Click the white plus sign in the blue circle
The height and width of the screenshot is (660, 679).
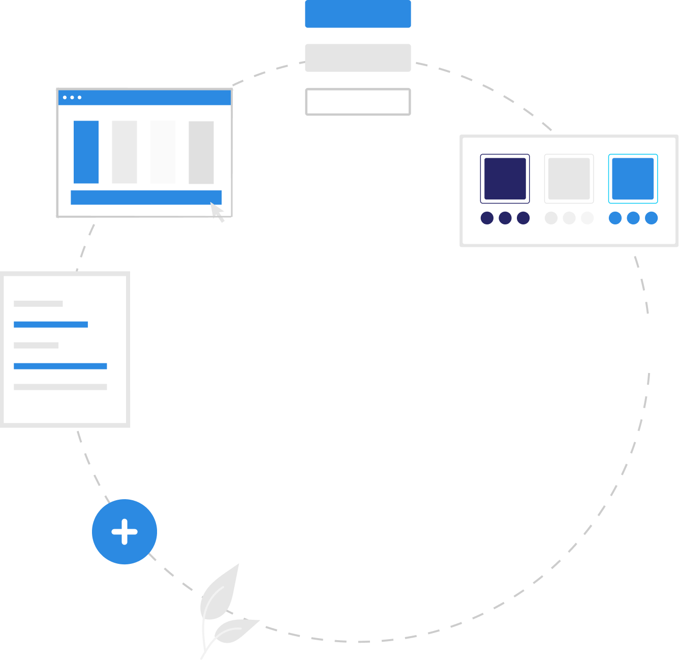(x=125, y=532)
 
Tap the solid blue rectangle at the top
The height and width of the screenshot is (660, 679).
(x=358, y=14)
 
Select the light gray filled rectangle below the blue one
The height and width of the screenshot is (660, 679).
(x=358, y=58)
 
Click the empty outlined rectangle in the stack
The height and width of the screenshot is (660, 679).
(x=358, y=102)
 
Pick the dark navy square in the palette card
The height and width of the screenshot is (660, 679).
(x=505, y=179)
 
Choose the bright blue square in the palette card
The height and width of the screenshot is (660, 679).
(x=633, y=179)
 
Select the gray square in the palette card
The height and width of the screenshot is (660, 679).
(x=569, y=179)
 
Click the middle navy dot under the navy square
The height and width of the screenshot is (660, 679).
(x=505, y=218)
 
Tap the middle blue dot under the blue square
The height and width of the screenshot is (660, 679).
(x=633, y=218)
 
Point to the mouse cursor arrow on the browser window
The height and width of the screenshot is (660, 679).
(x=218, y=211)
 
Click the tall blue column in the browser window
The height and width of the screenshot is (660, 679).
(x=86, y=152)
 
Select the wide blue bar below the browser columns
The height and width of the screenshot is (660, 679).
(x=146, y=197)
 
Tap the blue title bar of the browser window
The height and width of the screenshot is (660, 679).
(x=152, y=98)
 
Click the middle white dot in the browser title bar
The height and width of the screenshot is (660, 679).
(x=72, y=97)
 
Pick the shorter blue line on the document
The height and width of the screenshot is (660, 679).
(x=51, y=325)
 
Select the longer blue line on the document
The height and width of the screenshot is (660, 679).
(x=60, y=366)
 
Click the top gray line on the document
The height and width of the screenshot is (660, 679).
(x=38, y=304)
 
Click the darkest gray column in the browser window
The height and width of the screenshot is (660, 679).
(x=201, y=152)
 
